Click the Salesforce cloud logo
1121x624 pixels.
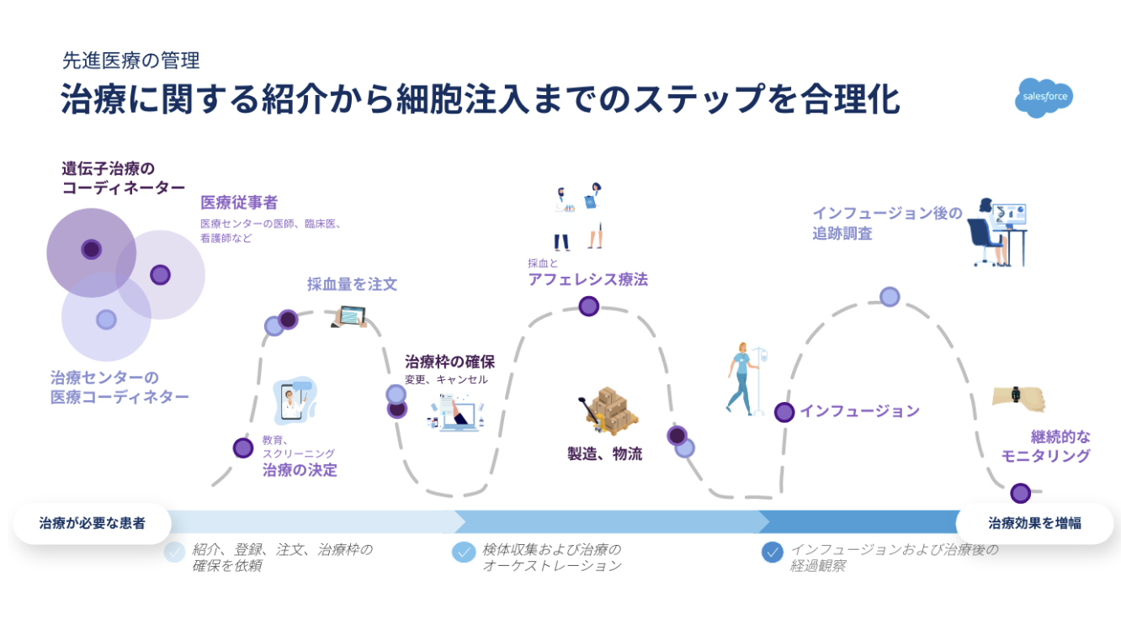[1044, 97]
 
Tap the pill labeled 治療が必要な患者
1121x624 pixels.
[92, 523]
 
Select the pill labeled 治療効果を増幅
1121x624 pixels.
[1034, 523]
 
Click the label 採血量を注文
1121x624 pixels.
[352, 284]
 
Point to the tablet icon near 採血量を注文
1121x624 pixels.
[348, 316]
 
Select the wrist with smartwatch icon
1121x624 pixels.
[1017, 396]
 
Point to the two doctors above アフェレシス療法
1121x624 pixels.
[579, 217]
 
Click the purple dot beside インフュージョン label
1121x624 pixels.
[784, 412]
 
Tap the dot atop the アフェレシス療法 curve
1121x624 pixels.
[588, 306]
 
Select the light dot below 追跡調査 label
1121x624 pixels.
[890, 297]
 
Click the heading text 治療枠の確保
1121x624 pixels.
[449, 362]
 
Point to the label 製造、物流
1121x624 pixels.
[604, 454]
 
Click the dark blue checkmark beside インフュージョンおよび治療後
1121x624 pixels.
[771, 553]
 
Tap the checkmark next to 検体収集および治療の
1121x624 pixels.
[463, 552]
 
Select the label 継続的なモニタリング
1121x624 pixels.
[1047, 447]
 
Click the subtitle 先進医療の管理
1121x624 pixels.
[130, 61]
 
